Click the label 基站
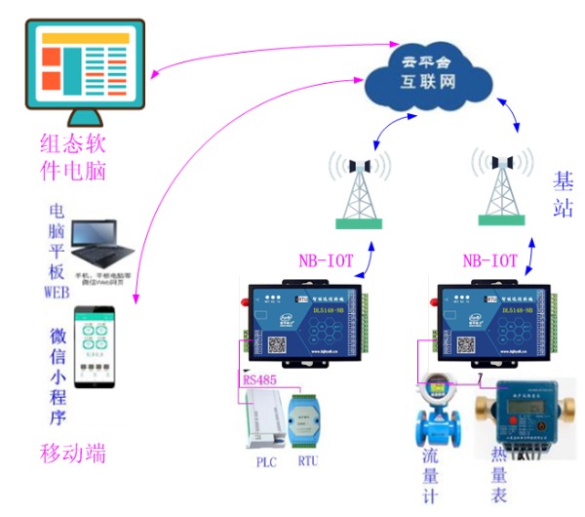pos(563,194)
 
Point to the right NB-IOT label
pos(489,261)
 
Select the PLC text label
pos(267,461)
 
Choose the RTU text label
pos(308,461)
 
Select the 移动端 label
pos(72,454)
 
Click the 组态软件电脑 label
pos(72,158)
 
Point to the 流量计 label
pos(430,479)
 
